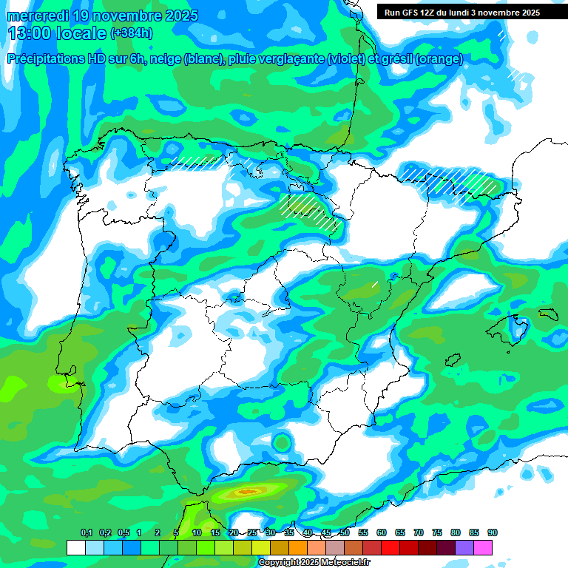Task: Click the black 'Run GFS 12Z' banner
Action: [459, 13]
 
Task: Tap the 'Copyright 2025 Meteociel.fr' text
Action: [313, 563]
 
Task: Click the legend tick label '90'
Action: [493, 532]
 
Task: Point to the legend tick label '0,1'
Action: [87, 532]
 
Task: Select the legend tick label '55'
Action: [363, 532]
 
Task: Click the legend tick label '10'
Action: [197, 532]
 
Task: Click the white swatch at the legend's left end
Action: [75, 547]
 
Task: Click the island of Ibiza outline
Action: [453, 360]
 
